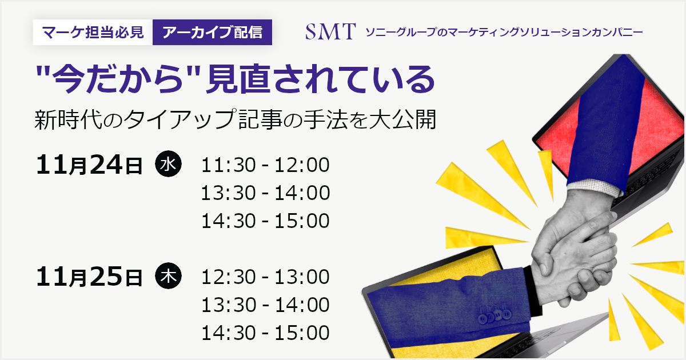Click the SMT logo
point(330,31)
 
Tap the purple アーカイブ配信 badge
point(212,32)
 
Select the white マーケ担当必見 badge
point(93,32)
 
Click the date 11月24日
point(89,165)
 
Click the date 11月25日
point(89,277)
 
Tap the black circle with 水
point(168,164)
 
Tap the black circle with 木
point(168,276)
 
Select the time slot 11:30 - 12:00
point(265,165)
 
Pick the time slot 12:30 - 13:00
point(265,277)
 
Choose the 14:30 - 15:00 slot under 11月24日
point(265,221)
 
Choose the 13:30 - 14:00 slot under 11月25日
point(265,305)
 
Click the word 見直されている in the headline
point(320,79)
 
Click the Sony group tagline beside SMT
point(504,32)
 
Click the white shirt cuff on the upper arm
point(595,187)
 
